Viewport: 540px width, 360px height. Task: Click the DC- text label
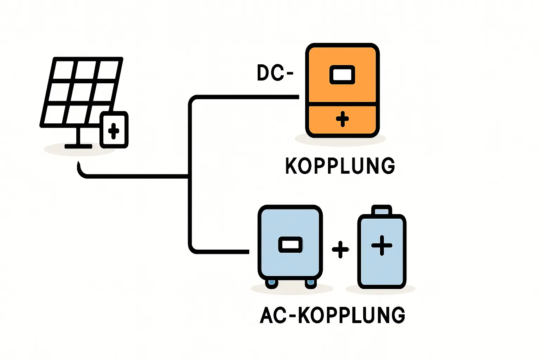275,73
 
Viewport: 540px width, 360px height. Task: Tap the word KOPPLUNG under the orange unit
340,166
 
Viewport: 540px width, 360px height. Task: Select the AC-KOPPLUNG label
333,315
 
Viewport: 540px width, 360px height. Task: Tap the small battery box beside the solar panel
114,130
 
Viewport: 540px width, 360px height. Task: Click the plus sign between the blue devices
340,250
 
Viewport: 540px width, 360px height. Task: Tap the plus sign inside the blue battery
382,245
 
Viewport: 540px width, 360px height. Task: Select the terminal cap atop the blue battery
382,210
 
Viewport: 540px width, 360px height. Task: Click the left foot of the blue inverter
272,282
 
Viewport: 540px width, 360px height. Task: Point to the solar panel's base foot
78,146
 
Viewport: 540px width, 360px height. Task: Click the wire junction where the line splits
190,176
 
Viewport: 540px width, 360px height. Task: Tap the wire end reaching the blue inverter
248,251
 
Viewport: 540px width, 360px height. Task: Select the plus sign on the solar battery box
113,131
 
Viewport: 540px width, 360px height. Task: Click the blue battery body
382,260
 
